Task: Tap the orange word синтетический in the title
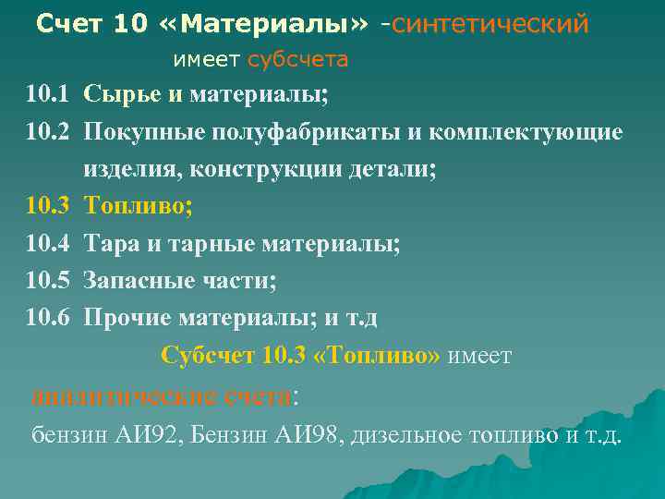(x=490, y=25)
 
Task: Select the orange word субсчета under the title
(x=297, y=61)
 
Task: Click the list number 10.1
(x=48, y=93)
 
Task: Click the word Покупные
(x=139, y=131)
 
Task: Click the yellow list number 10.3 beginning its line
(x=48, y=206)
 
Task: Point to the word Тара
(x=108, y=244)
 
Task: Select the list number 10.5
(x=48, y=281)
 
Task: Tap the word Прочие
(x=125, y=319)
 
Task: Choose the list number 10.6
(x=48, y=319)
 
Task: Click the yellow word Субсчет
(x=208, y=357)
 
